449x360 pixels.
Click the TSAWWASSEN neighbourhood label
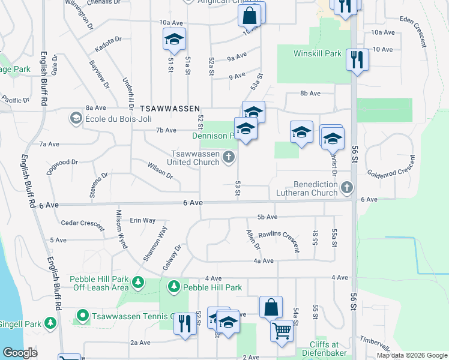pos(169,109)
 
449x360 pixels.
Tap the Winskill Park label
pos(317,53)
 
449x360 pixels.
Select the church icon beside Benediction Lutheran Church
pos(346,188)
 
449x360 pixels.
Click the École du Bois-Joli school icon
pos(76,118)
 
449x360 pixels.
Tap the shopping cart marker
pos(281,329)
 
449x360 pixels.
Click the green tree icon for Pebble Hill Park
pos(174,287)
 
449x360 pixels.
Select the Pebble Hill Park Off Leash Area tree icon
pos(138,281)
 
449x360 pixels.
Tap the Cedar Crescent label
pos(82,223)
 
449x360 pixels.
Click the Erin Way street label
pos(143,220)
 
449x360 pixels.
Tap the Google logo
pos(20,353)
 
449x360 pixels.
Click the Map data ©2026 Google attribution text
pos(412,355)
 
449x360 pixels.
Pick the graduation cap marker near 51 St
pos(174,40)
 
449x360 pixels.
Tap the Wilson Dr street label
pos(160,172)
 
